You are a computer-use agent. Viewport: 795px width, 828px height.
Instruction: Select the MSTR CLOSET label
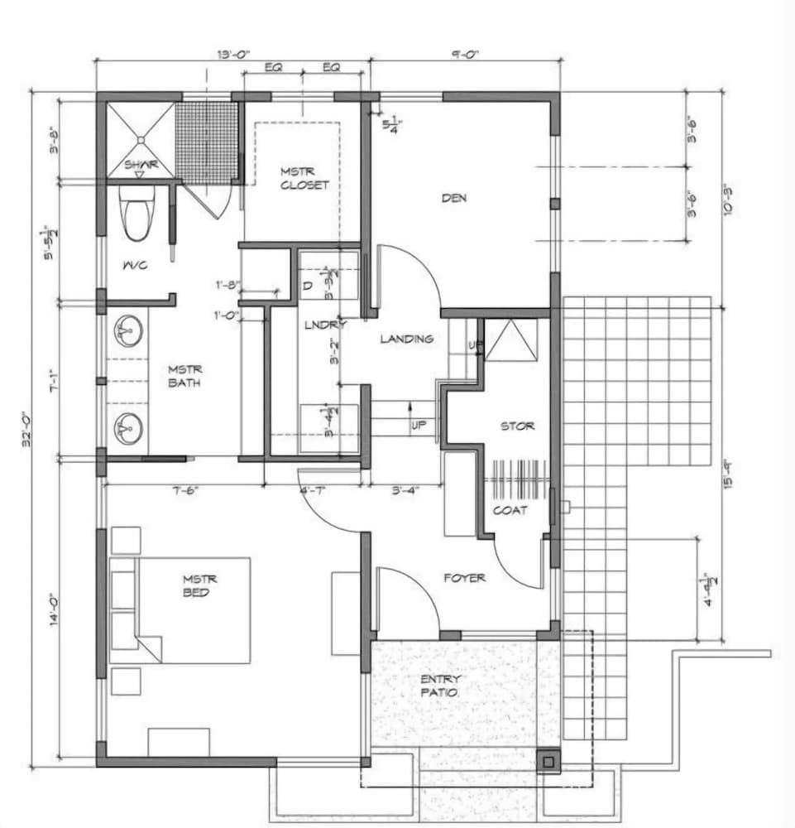pos(304,178)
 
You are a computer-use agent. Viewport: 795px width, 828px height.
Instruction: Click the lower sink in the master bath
pos(127,428)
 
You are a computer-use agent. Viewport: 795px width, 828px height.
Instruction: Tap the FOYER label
pos(464,577)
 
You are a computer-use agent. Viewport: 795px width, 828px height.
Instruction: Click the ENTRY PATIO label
pos(440,685)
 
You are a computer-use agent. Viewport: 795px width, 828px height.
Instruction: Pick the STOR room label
pos(517,426)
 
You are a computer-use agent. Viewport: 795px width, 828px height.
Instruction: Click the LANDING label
pos(406,339)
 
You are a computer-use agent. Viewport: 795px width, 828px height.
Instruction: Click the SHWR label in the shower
pos(141,165)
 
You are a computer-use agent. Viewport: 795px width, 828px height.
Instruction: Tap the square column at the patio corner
pos(548,760)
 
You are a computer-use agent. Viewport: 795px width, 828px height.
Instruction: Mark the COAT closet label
pos(510,510)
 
